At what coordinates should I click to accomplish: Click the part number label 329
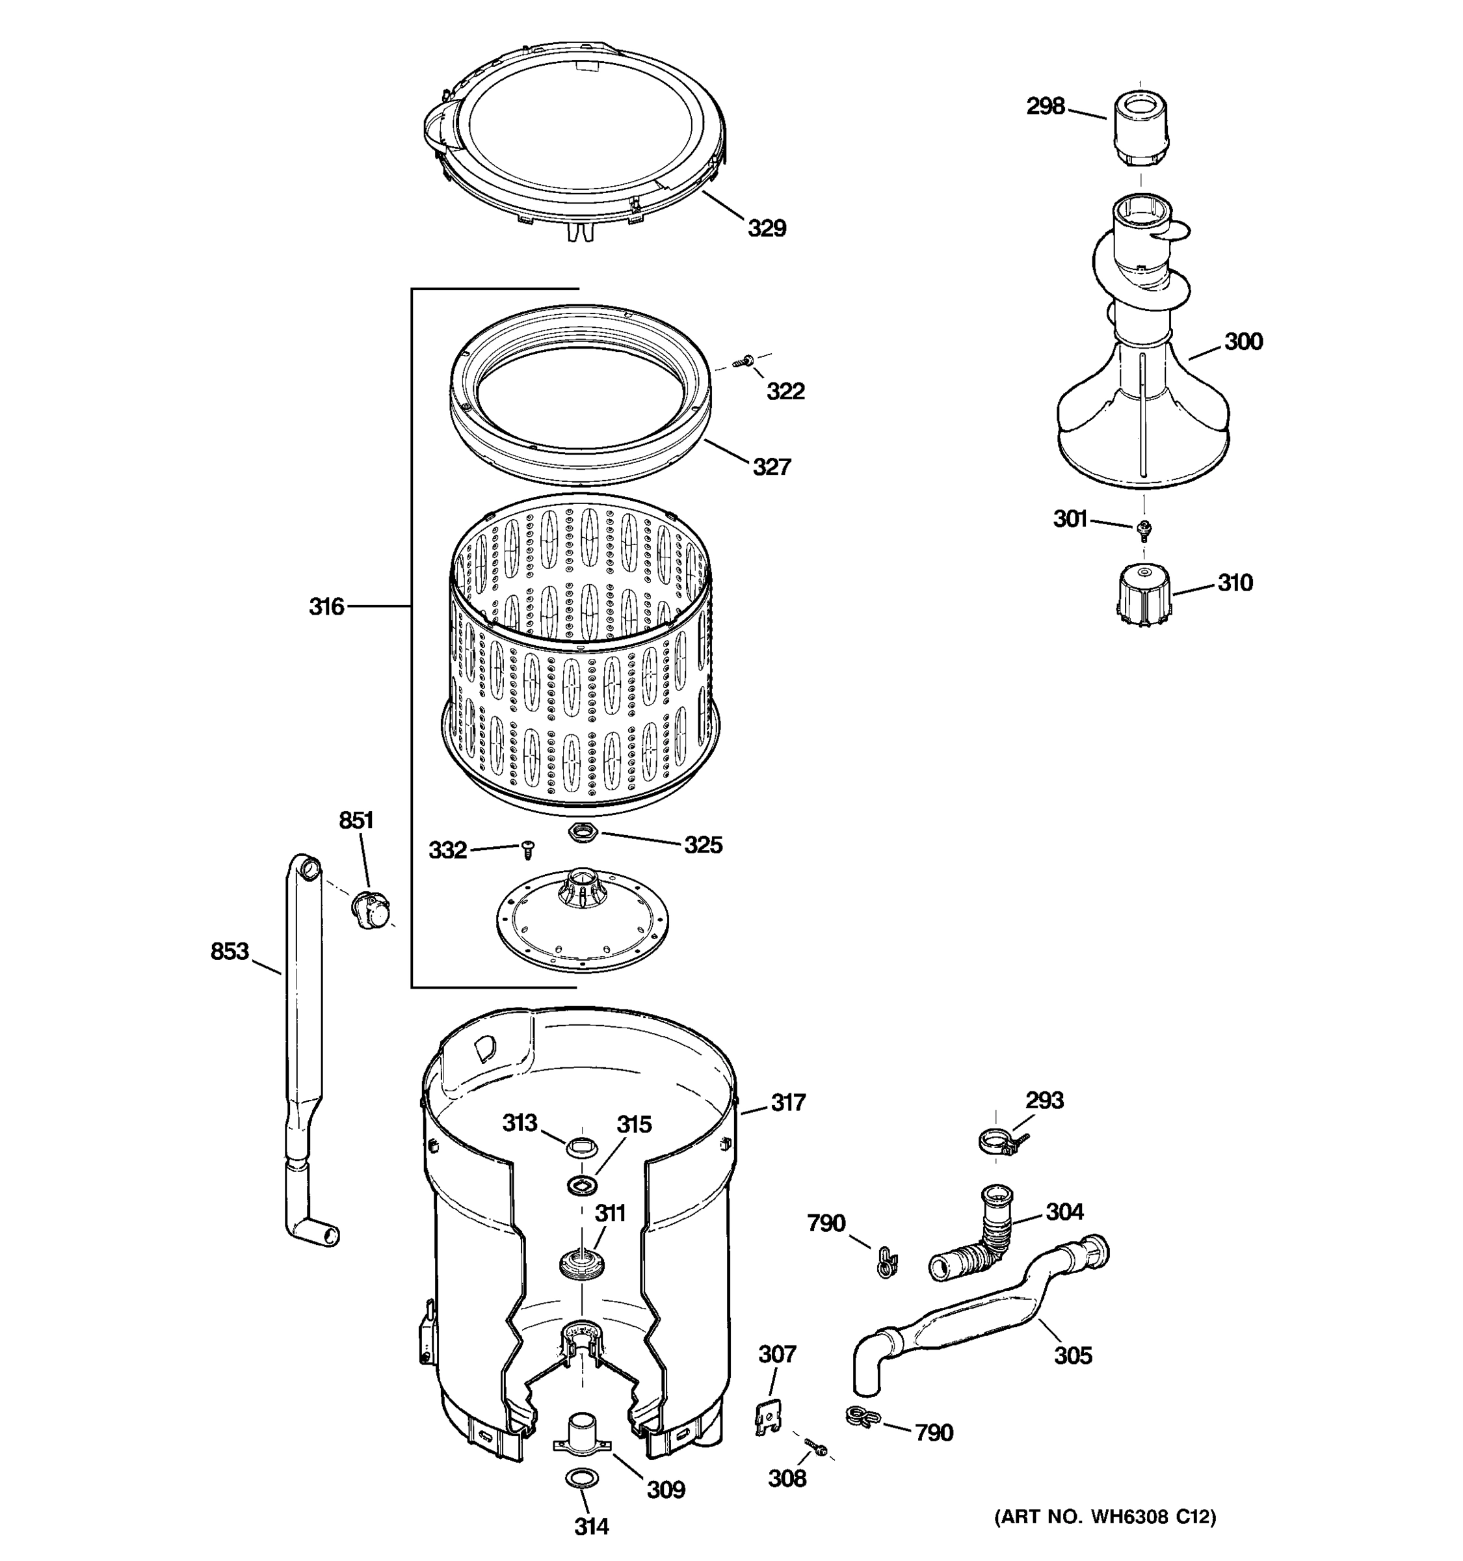[766, 228]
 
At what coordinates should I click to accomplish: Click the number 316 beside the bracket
[326, 606]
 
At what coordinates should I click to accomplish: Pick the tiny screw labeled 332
[528, 848]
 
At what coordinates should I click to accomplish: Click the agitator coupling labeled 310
[1142, 594]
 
